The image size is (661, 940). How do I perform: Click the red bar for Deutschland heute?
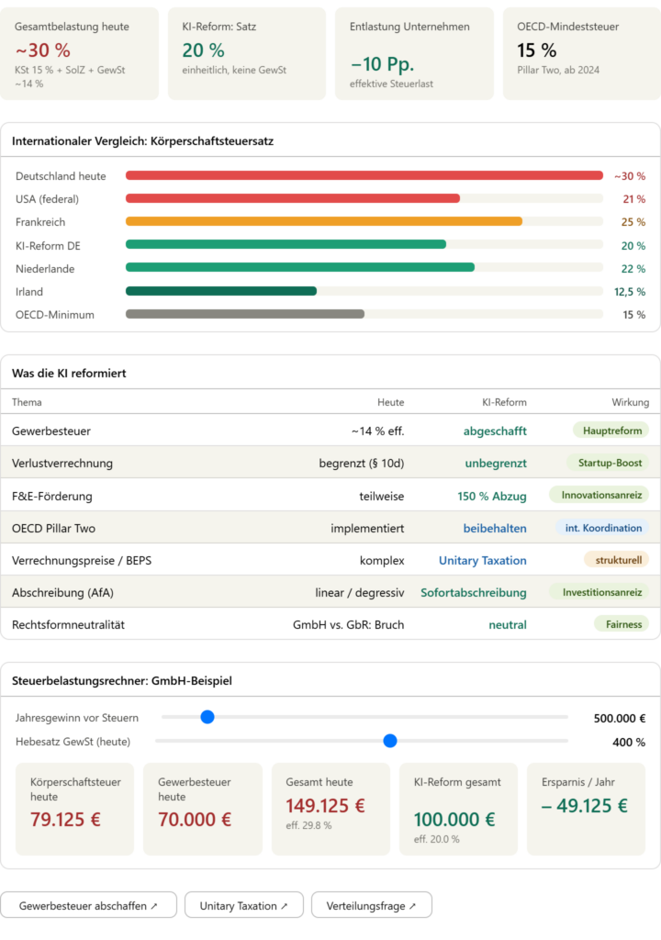tap(364, 175)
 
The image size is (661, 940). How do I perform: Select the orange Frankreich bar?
tap(323, 221)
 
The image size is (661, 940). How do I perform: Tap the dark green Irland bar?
tap(220, 291)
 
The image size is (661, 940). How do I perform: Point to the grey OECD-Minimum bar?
tap(244, 314)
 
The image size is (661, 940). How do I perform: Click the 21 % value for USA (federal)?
tap(633, 199)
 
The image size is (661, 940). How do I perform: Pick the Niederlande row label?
tap(45, 269)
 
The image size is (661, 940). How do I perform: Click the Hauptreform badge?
tap(611, 430)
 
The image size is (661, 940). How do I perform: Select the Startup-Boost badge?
tap(610, 463)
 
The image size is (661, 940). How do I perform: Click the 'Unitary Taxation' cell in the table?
tap(482, 561)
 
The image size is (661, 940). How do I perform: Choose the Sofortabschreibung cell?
tap(474, 593)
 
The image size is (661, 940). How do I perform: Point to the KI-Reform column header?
tap(504, 402)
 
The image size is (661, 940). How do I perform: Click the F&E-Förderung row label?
tap(52, 497)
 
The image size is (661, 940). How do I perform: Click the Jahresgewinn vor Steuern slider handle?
tap(207, 717)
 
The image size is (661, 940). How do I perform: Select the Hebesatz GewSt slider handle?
tap(390, 741)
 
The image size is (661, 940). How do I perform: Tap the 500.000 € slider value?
tap(619, 719)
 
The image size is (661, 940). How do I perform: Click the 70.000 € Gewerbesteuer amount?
tap(195, 820)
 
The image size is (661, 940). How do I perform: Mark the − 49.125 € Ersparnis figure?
tap(585, 806)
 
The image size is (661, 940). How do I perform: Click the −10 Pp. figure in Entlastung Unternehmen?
tap(382, 65)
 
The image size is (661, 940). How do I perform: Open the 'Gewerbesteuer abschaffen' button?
tap(88, 906)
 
